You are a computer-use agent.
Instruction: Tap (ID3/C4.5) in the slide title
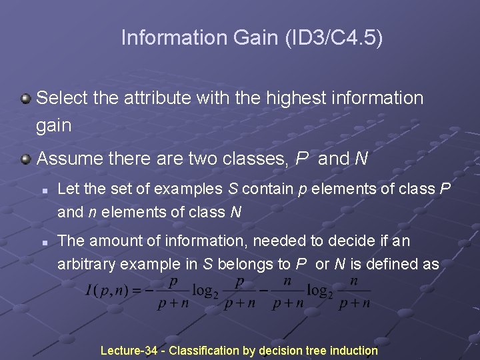(334, 38)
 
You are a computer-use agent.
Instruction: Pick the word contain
(269, 189)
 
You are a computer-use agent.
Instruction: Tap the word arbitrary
(85, 264)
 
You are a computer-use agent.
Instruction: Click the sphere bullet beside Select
(25, 99)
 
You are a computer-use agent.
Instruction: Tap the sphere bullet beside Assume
(25, 159)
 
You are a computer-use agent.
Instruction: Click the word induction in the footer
(353, 351)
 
